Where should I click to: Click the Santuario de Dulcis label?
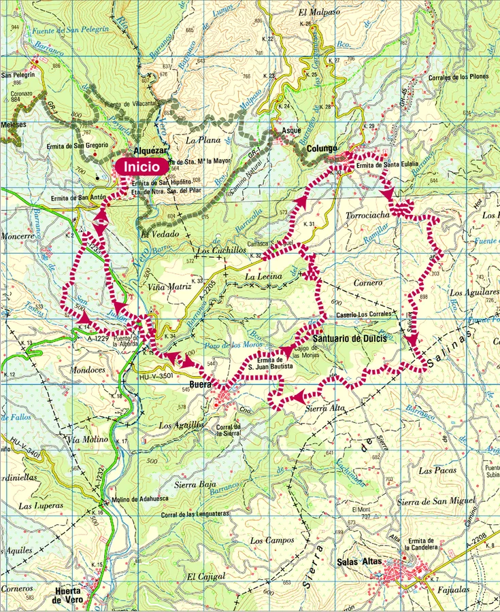point(350,338)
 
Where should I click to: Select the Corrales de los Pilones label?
point(459,77)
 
